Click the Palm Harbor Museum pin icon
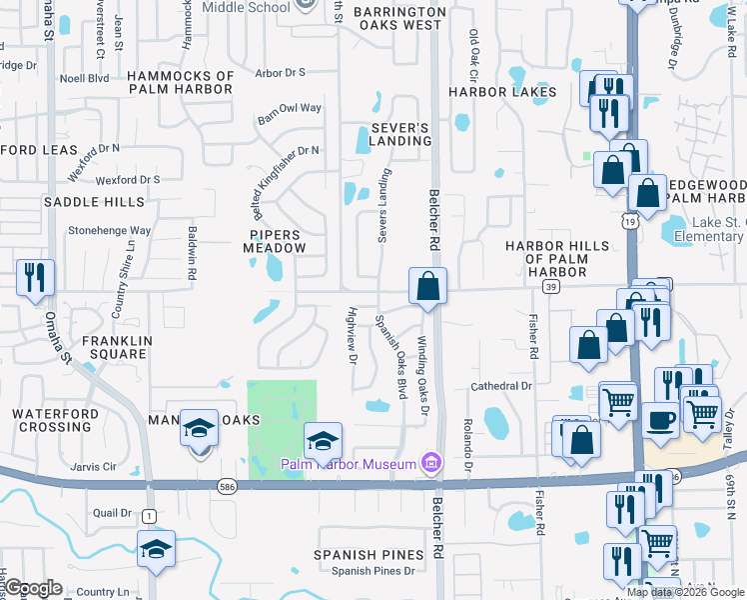(x=431, y=462)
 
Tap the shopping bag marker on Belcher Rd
(x=427, y=287)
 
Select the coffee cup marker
(x=661, y=419)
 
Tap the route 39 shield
(x=550, y=287)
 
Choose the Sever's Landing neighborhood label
(x=399, y=135)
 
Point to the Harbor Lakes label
(x=501, y=92)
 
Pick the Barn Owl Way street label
(x=289, y=108)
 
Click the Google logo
(x=33, y=588)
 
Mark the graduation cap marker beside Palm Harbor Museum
(x=324, y=441)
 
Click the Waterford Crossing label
(x=55, y=420)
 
